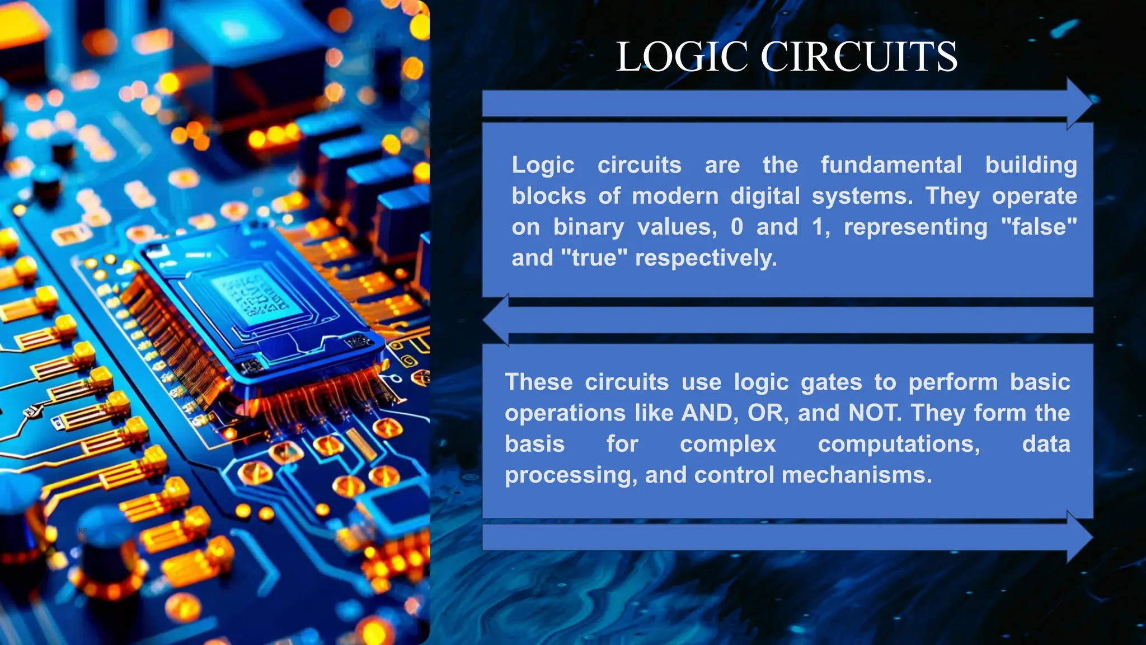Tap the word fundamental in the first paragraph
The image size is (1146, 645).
[891, 165]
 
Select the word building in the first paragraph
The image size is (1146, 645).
[1031, 165]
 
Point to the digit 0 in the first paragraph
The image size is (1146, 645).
[737, 227]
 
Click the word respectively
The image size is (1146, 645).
[706, 258]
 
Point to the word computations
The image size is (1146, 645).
[899, 444]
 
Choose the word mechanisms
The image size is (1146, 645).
[857, 475]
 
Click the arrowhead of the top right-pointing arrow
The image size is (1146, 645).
[1079, 104]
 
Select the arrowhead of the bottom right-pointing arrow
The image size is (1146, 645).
[1079, 537]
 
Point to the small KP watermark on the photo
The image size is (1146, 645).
[83, 530]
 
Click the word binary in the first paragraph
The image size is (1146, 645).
[588, 227]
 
